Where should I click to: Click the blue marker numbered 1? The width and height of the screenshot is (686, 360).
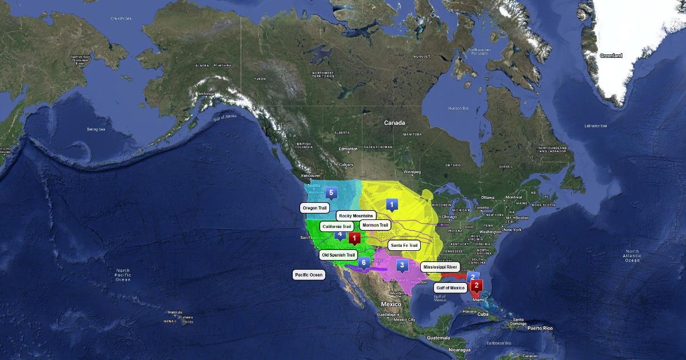(392, 204)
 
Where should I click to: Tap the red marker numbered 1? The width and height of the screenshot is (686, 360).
(354, 238)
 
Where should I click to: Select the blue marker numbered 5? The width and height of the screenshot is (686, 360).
(331, 193)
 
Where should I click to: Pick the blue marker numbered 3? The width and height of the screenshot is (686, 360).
(402, 265)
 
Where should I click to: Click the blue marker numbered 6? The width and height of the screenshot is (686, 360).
(363, 263)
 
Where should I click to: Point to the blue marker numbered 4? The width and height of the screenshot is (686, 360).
(340, 234)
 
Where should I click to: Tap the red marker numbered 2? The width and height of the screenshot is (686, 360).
(476, 285)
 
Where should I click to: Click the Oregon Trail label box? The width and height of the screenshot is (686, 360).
(314, 208)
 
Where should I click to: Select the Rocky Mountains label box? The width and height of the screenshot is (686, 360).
(356, 215)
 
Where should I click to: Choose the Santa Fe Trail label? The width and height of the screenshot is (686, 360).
(404, 245)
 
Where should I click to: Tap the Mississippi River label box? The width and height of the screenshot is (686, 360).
(440, 267)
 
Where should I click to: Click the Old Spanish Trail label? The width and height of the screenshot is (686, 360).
(338, 255)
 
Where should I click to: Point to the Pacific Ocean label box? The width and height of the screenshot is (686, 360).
(309, 275)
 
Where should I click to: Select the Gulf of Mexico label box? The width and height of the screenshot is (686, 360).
(450, 287)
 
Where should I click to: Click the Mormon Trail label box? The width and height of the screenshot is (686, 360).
(375, 225)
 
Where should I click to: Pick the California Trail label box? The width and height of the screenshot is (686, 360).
(337, 227)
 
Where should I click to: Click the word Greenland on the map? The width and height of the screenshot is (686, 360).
(611, 55)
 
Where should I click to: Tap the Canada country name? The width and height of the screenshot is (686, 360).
(394, 123)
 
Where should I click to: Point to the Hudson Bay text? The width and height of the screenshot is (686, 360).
(458, 108)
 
